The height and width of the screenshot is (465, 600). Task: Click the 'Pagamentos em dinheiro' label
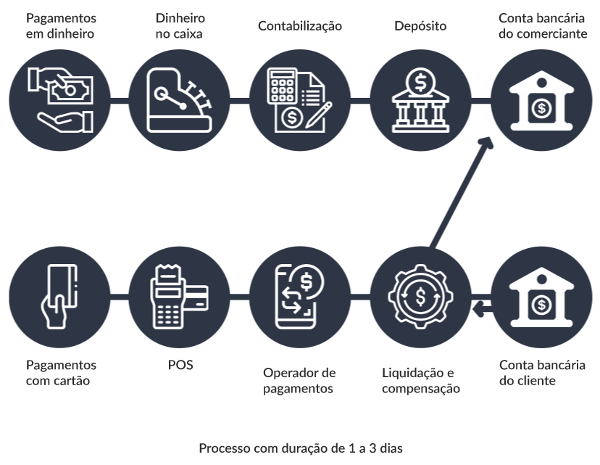60,25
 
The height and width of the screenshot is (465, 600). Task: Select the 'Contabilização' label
300,26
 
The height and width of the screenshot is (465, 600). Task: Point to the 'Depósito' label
420,26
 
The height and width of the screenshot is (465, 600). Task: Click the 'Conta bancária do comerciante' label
541,25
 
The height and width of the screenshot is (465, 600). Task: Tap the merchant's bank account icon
541,100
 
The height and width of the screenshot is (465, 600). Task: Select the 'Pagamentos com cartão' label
61,372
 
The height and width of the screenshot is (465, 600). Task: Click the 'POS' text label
179,365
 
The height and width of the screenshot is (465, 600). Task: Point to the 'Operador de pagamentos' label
299,380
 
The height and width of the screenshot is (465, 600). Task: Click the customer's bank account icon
541,296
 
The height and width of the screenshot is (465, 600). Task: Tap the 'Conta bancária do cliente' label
543,372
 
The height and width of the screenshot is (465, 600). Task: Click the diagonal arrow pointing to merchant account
461,192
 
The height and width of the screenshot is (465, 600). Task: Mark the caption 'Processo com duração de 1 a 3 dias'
300,448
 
